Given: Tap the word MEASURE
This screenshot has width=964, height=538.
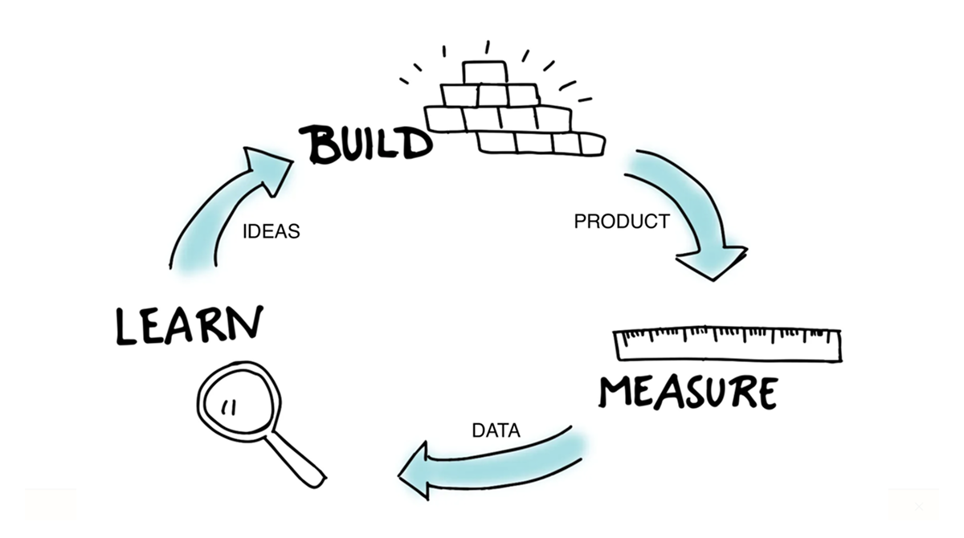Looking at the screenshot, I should tap(688, 392).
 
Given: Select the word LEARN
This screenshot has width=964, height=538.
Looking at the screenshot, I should tap(190, 324).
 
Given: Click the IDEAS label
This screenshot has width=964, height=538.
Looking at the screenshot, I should tap(271, 232).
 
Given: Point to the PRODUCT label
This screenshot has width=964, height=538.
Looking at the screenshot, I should tap(621, 222).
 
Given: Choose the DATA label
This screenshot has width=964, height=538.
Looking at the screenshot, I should tap(496, 430).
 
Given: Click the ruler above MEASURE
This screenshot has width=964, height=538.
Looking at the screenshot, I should tap(727, 344).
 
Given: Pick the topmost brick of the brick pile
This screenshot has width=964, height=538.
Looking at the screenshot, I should tap(485, 72).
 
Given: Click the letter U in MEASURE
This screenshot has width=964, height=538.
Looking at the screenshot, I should tap(715, 392).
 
